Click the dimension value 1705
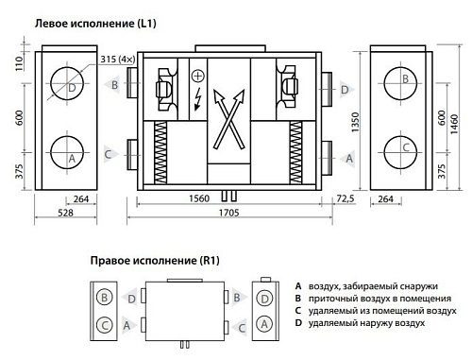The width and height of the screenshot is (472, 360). click(228, 213)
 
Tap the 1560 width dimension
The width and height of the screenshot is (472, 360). click(199, 198)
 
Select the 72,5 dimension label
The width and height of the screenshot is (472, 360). click(345, 198)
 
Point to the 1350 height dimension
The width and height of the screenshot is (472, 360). click(355, 122)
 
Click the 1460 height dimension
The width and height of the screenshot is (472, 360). click(454, 124)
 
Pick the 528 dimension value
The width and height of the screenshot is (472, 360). click(65, 213)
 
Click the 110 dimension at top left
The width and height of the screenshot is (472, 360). click(19, 63)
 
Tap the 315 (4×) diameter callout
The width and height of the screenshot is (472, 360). click(118, 60)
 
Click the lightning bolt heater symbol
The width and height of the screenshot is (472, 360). click(197, 99)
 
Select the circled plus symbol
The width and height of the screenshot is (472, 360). click(198, 76)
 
